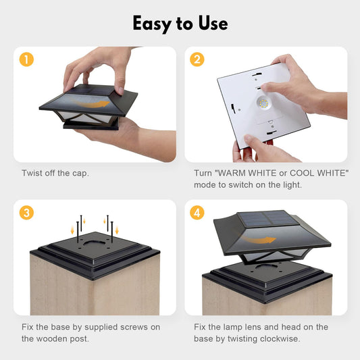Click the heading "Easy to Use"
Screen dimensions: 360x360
point(180,24)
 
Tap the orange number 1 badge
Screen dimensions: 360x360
point(26,59)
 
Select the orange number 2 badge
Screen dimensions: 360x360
point(197,59)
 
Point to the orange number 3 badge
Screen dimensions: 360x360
point(26,213)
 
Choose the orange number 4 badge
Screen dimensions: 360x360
point(197,213)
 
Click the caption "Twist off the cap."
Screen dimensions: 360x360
point(55,173)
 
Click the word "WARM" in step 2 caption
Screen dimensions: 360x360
point(231,173)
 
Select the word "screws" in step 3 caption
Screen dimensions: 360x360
point(134,327)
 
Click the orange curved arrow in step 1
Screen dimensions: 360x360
point(92,103)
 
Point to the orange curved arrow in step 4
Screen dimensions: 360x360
point(257,239)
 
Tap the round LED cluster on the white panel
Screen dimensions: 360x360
point(263,103)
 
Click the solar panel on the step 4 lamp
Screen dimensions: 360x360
point(267,219)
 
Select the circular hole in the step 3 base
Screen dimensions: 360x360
point(94,243)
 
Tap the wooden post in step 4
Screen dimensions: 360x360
point(267,301)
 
